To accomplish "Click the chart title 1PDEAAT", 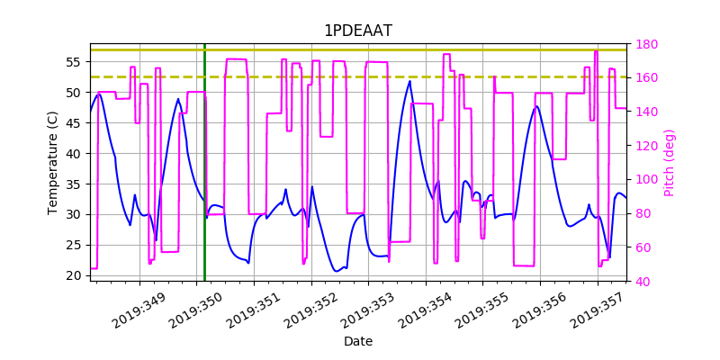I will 357,31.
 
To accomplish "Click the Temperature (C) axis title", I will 53,162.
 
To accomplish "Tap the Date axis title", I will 357,342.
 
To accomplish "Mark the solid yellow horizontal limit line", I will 360,49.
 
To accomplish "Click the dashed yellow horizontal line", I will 360,77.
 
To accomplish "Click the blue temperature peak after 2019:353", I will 409,81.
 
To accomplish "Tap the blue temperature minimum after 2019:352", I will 337,271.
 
